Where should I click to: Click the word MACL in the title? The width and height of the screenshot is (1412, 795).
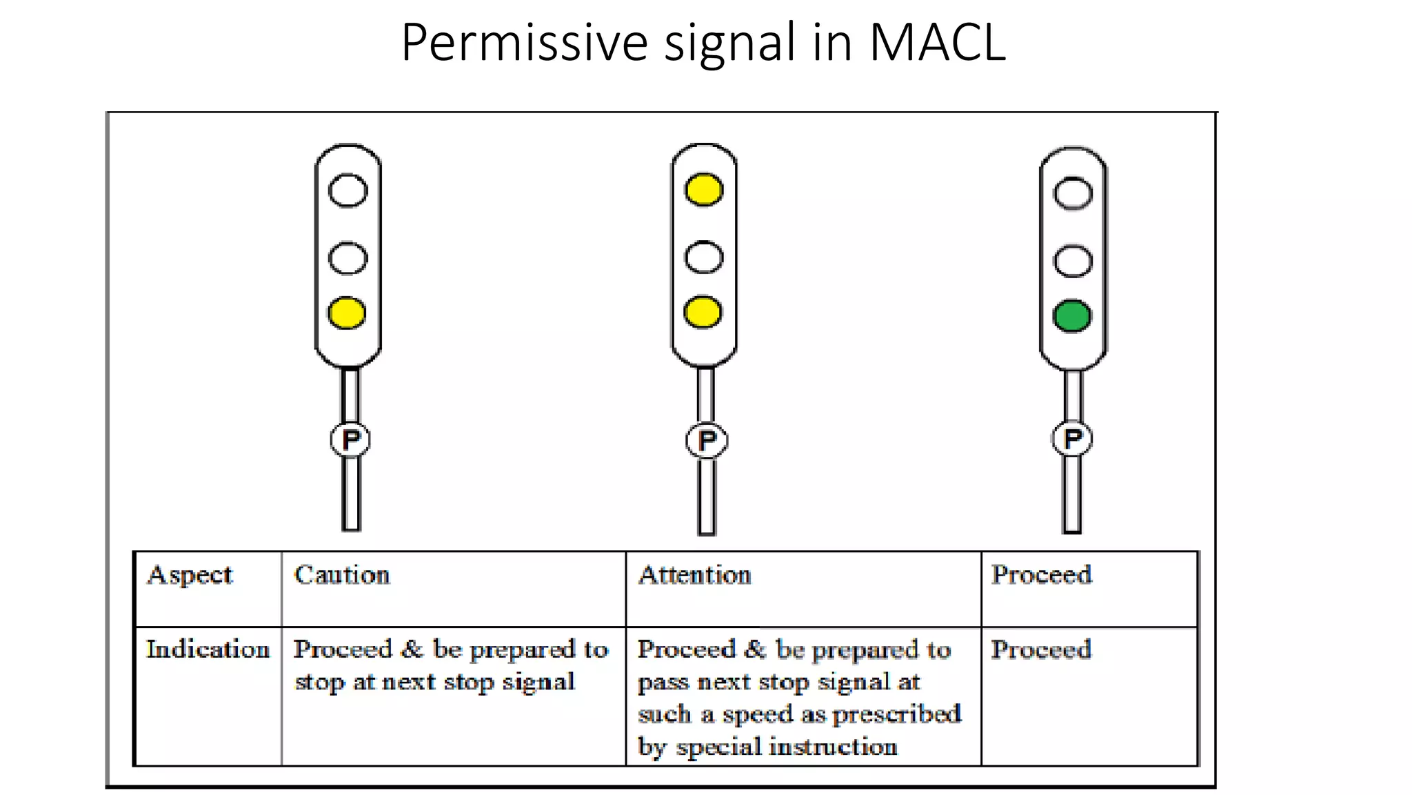point(937,43)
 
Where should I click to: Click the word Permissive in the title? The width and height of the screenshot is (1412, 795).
point(524,43)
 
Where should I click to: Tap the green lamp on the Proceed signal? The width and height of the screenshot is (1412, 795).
point(1072,316)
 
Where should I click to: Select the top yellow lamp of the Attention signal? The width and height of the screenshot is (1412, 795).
point(704,190)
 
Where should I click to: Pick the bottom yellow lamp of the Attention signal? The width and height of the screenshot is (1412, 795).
point(703,312)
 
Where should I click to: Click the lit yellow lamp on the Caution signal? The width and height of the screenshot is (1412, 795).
point(347,313)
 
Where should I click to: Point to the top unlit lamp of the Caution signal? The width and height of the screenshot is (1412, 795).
point(347,190)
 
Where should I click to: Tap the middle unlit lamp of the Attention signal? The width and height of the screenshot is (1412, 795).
point(704,257)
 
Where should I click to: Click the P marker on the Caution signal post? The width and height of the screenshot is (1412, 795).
point(350,440)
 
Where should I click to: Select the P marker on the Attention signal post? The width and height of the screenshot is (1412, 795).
point(707,440)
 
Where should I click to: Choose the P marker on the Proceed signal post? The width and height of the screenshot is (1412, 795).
point(1072,438)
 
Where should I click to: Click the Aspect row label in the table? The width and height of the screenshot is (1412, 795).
point(190,576)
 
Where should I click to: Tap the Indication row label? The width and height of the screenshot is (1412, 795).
point(208,649)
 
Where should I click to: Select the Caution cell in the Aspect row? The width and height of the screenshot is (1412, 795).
point(342,575)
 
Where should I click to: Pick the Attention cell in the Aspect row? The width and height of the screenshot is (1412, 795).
point(694,575)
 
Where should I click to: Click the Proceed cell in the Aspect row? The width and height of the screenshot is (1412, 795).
point(1041,575)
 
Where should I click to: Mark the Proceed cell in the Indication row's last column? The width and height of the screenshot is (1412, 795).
point(1041,649)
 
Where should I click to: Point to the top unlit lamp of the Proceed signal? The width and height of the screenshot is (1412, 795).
point(1073,193)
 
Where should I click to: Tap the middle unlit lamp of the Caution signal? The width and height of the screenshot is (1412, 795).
point(347,258)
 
